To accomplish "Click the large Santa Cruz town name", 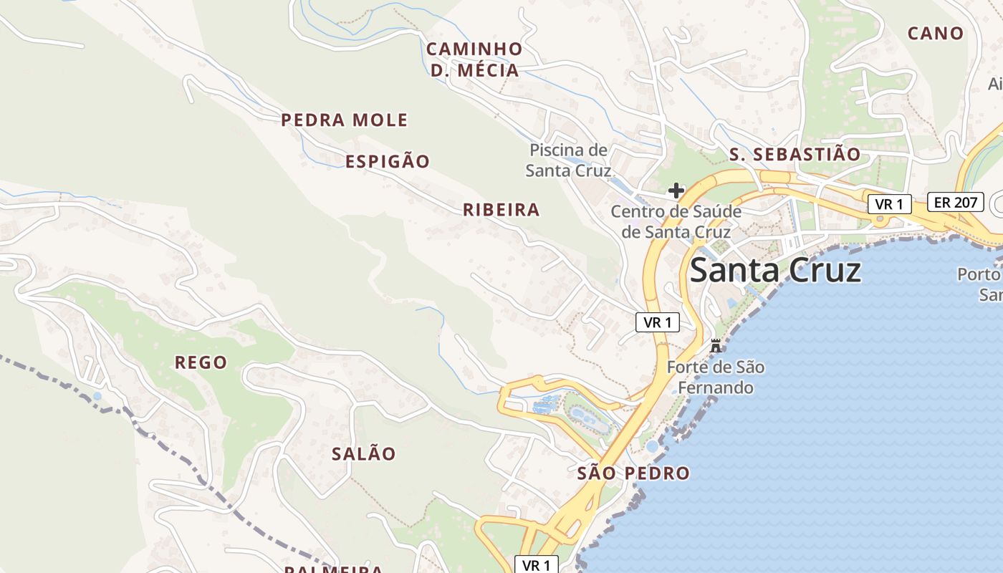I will point(774,271).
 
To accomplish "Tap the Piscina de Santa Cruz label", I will point(568,160).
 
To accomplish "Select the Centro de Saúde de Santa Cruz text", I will point(676,221).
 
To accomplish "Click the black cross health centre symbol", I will point(676,191).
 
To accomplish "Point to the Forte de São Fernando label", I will point(715,377).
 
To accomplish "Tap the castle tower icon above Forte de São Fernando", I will point(715,346).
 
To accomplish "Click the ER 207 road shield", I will point(956,202).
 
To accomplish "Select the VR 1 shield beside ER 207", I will point(889,204).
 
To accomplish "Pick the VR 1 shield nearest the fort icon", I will point(657,322).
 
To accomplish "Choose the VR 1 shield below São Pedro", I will point(536,564).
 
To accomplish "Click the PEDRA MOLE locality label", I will point(344,120).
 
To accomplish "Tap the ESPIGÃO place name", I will point(388,161).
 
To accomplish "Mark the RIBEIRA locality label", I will point(501,210).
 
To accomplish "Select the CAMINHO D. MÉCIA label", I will point(474,59).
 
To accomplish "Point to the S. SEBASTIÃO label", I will point(795,154).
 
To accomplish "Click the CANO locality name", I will point(935,33).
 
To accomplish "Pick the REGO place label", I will point(201,362).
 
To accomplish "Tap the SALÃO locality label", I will point(363,453).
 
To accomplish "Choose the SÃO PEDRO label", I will point(633,473).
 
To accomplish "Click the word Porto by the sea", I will point(979,274).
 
